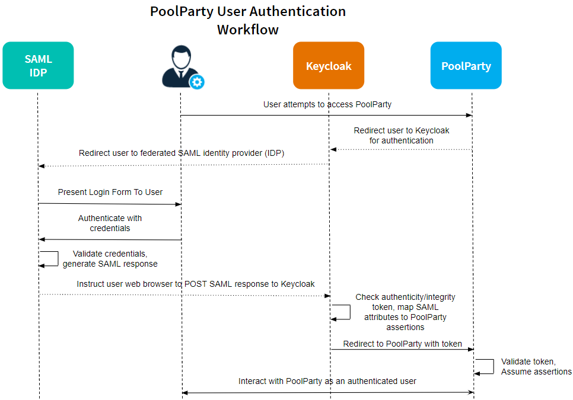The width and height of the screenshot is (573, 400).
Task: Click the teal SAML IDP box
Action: [x=38, y=66]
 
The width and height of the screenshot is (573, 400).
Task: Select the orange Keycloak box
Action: [x=329, y=66]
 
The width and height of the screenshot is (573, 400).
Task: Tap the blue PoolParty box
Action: [x=466, y=66]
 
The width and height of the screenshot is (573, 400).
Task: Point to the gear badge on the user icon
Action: [x=196, y=82]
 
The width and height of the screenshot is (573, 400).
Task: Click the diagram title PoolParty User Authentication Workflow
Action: [x=247, y=20]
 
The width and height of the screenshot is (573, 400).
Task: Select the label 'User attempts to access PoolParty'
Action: [x=327, y=104]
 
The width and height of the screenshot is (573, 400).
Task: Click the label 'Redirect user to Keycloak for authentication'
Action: [x=402, y=136]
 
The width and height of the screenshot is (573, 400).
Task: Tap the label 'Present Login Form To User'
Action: [x=110, y=193]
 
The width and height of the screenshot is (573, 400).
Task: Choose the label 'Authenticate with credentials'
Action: [x=110, y=223]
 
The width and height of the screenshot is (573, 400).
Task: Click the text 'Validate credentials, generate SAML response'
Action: [x=110, y=259]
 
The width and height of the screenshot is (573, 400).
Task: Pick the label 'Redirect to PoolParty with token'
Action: [x=402, y=344]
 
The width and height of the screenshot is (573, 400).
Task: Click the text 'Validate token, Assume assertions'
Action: [x=536, y=366]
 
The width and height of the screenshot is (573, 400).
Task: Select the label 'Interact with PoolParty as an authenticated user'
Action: [x=327, y=381]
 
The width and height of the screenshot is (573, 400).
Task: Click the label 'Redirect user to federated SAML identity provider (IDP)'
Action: [x=182, y=153]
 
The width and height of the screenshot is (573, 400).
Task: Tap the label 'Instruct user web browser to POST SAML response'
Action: [x=196, y=284]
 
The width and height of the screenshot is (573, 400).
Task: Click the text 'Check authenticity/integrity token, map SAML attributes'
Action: [x=405, y=312]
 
